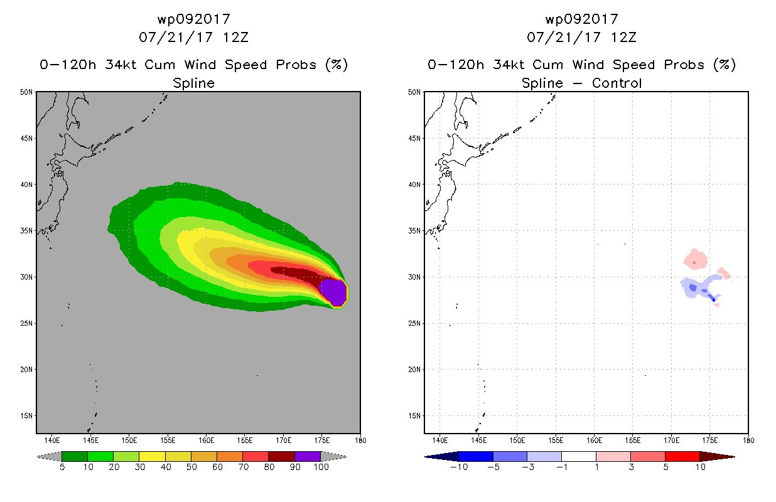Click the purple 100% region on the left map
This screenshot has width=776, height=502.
(333, 292)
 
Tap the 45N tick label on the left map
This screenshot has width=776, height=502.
(26, 139)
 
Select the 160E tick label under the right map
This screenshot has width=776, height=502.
(594, 441)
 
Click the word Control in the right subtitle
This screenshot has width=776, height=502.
(617, 83)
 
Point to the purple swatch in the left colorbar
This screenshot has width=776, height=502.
(308, 456)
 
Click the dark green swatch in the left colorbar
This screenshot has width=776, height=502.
(75, 456)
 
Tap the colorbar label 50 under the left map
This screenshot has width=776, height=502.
(191, 467)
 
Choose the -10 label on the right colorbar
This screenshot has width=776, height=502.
(459, 467)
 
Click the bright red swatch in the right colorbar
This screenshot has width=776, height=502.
(682, 456)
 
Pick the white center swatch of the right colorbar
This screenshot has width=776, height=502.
(579, 456)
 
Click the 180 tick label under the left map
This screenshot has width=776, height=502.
(360, 441)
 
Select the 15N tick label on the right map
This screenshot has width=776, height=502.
(414, 416)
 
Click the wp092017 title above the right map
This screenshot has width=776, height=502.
(582, 19)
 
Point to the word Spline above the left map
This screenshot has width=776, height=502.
(193, 83)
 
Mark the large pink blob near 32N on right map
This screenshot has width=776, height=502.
(695, 259)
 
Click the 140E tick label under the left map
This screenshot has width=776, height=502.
(52, 441)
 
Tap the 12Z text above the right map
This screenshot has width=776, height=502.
(623, 37)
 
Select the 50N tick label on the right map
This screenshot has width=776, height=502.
(414, 92)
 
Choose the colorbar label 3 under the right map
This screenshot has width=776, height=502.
(631, 467)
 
